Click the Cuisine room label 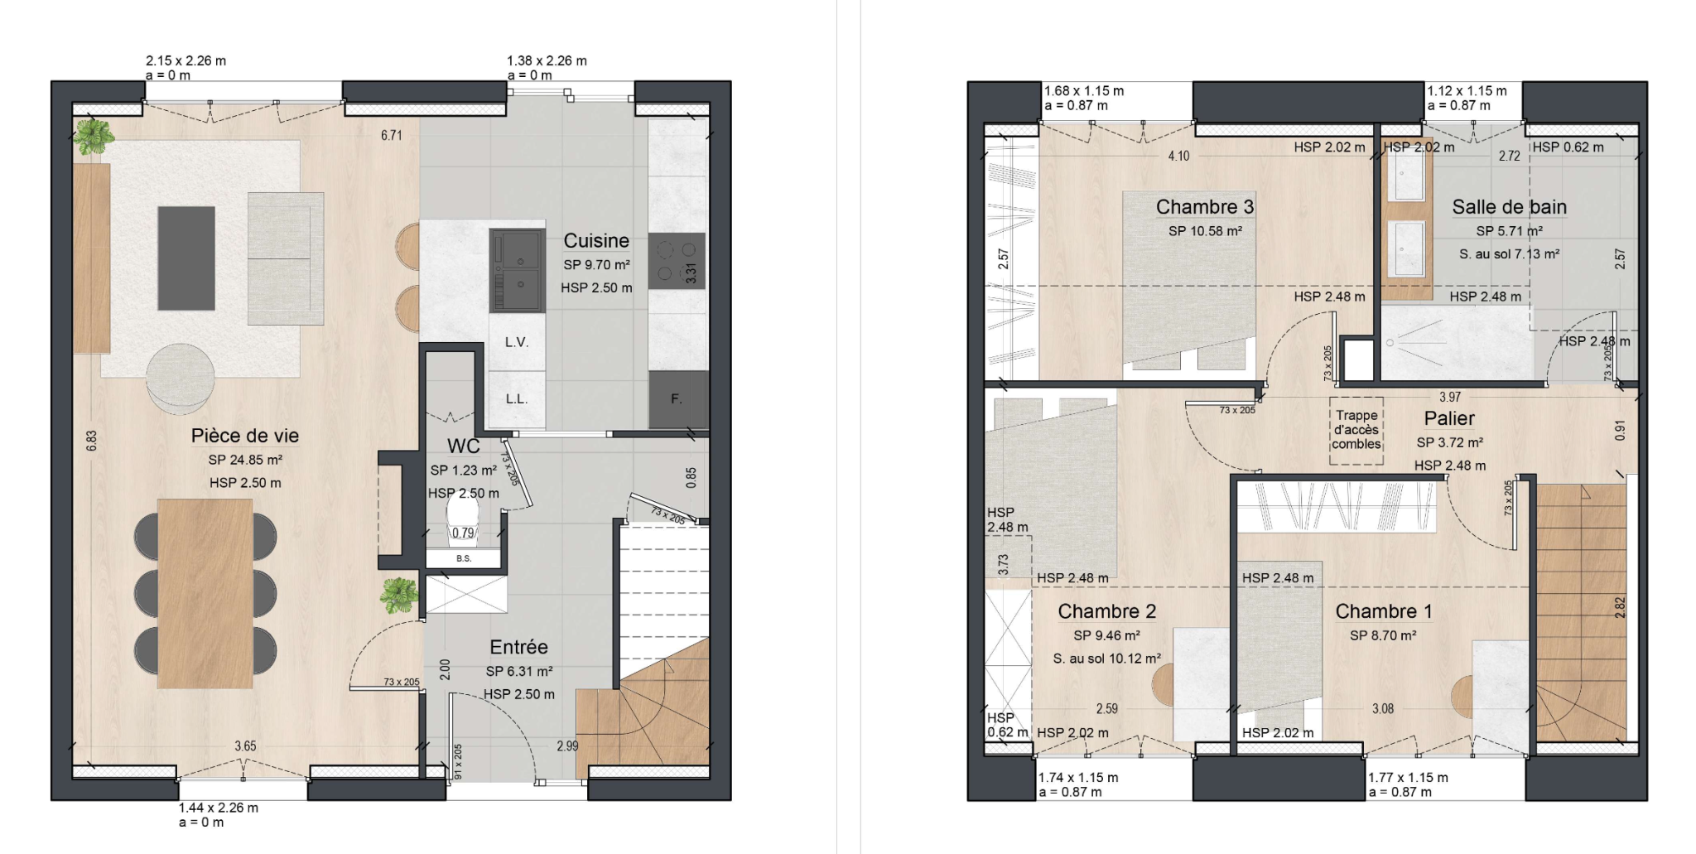coord(596,241)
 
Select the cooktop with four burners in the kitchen coord(676,261)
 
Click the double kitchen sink coord(518,271)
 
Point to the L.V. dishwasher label coord(517,342)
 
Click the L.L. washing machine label coord(517,399)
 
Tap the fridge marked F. coord(677,399)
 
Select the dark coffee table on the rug coord(186,258)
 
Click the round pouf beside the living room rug coord(180,379)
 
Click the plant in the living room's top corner coord(92,136)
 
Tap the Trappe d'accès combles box coord(1356,430)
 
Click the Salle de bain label coord(1509,207)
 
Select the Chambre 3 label coord(1205,207)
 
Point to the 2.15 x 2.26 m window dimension coord(185,60)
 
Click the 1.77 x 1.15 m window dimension coord(1408,778)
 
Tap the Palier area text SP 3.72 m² coord(1449,443)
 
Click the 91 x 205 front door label coord(458,761)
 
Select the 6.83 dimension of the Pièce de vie coord(92,441)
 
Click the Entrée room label coord(518,648)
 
